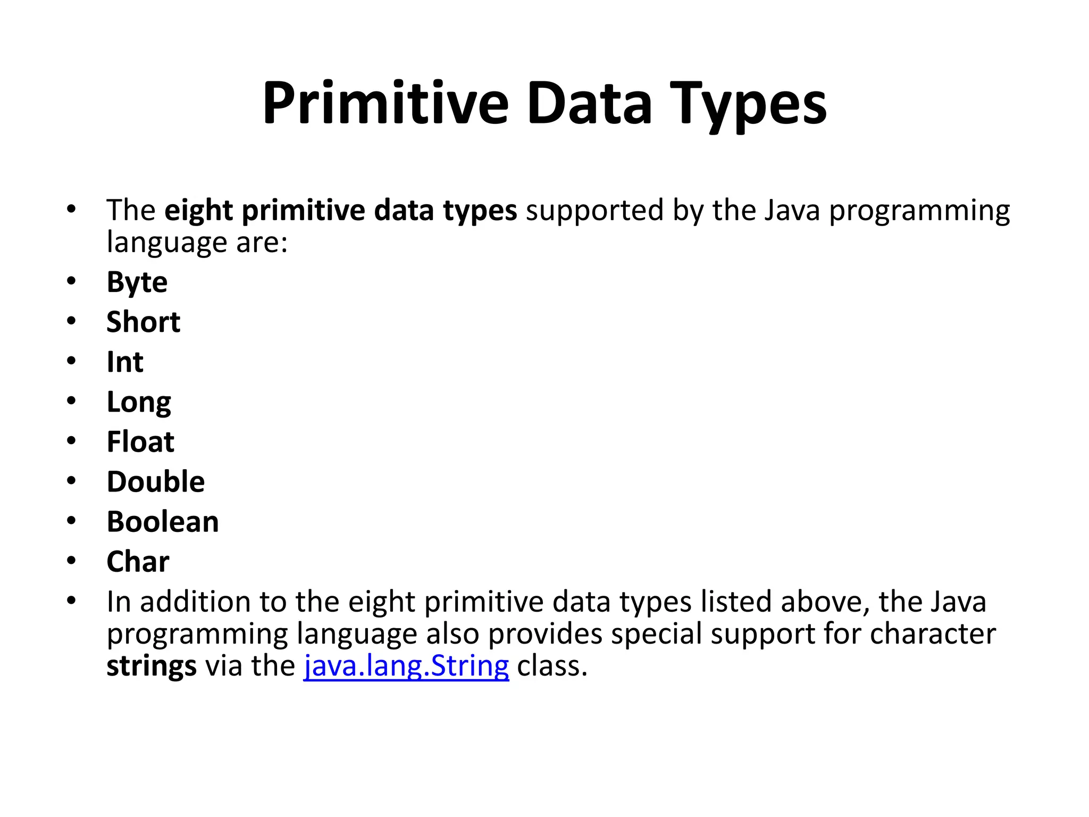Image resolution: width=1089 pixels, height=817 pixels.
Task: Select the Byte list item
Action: tap(137, 282)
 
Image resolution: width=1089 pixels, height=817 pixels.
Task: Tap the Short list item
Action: tap(144, 322)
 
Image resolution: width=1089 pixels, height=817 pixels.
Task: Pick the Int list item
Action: tap(125, 362)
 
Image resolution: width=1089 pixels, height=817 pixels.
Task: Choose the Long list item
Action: tap(139, 403)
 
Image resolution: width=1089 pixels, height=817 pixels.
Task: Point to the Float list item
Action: tap(140, 442)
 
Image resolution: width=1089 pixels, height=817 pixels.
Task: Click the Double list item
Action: tap(156, 482)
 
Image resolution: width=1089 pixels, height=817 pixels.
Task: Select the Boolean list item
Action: tap(163, 522)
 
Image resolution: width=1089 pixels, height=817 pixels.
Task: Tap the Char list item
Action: tap(138, 562)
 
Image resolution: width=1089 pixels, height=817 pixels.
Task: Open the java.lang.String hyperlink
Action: tap(406, 666)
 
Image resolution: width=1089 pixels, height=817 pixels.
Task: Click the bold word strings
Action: tap(152, 666)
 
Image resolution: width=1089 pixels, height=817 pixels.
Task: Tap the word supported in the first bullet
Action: tap(594, 211)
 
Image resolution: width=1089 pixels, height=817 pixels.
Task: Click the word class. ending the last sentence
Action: tap(552, 666)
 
